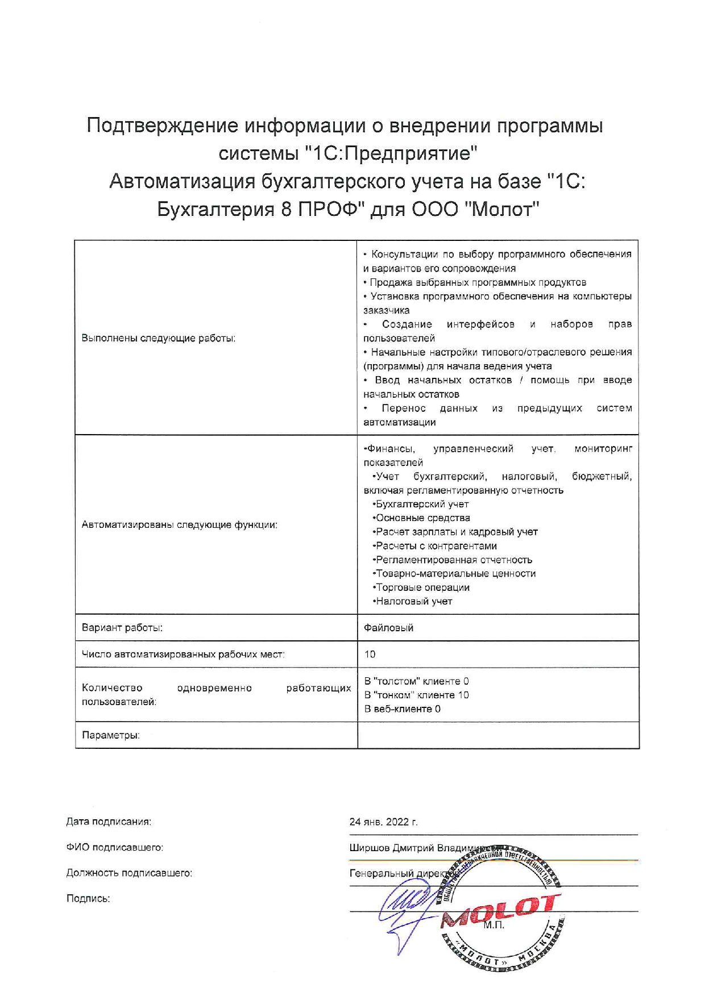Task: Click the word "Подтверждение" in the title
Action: click(x=162, y=126)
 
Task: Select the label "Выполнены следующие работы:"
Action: click(x=159, y=339)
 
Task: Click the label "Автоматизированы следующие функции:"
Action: click(x=180, y=525)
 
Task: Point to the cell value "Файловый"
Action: click(x=389, y=628)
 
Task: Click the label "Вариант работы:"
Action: click(x=122, y=628)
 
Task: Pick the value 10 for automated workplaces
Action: click(x=370, y=655)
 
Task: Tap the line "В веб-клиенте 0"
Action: click(x=403, y=709)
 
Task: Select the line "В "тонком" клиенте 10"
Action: click(x=417, y=695)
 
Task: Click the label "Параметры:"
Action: click(x=111, y=735)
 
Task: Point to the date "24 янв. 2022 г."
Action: click(x=383, y=822)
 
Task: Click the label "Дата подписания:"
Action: click(x=109, y=822)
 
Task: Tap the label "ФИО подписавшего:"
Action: click(x=115, y=848)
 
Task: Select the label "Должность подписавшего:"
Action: click(x=130, y=873)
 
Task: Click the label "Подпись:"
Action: click(x=88, y=899)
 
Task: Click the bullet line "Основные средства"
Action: click(x=422, y=518)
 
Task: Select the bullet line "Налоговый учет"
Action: click(x=413, y=602)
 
